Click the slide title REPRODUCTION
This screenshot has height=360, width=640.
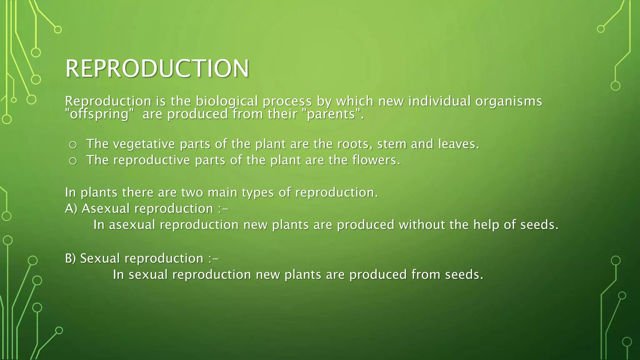[x=157, y=68]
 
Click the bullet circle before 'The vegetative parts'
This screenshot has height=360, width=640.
[x=73, y=145]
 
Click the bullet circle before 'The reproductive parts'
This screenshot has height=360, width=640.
[x=73, y=161]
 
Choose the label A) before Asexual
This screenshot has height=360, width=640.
[x=71, y=208]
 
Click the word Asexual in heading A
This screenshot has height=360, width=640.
[x=105, y=208]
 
